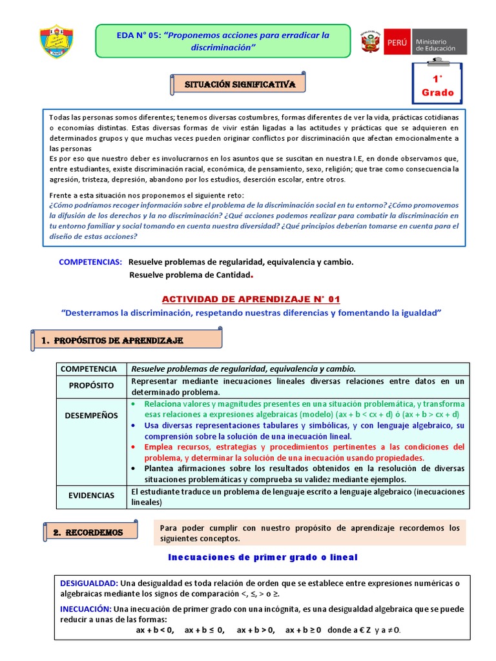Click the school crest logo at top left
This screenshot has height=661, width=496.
coord(56,41)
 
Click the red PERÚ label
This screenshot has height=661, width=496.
coord(397,43)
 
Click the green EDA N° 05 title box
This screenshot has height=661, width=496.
coord(223,41)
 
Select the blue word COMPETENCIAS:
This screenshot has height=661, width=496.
coord(90,262)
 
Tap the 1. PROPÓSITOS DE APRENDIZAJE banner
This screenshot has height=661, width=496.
coord(127,340)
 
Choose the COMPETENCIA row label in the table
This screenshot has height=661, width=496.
coord(88,369)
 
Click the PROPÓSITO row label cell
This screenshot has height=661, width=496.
coord(92,385)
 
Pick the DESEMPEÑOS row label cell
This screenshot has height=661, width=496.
coord(91,416)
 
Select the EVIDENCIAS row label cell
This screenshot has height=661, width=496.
coord(90,495)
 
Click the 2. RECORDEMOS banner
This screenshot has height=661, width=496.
coord(94,532)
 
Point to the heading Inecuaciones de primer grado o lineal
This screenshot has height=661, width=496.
coord(262,556)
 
